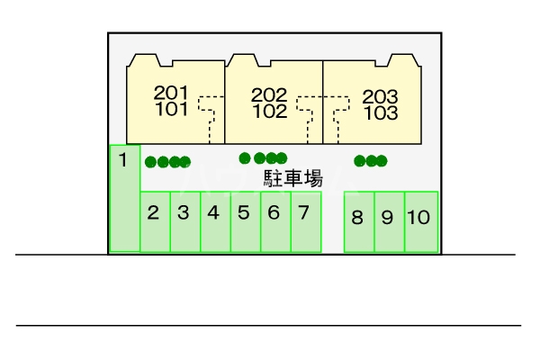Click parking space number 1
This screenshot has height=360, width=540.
pyautogui.click(x=124, y=198)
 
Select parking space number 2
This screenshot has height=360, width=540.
pyautogui.click(x=155, y=221)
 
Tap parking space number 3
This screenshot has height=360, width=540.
pyautogui.click(x=184, y=221)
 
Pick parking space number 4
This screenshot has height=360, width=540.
pyautogui.click(x=215, y=221)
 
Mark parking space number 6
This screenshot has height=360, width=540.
pyautogui.click(x=275, y=221)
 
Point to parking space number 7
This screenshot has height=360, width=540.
pyautogui.click(x=306, y=221)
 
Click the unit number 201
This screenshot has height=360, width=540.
pyautogui.click(x=171, y=93)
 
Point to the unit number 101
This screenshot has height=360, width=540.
pyautogui.click(x=171, y=110)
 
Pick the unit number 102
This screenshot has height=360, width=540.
pyautogui.click(x=269, y=112)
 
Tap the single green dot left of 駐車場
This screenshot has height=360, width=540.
pyautogui.click(x=245, y=158)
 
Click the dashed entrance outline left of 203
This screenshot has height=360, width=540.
pyautogui.click(x=340, y=117)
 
